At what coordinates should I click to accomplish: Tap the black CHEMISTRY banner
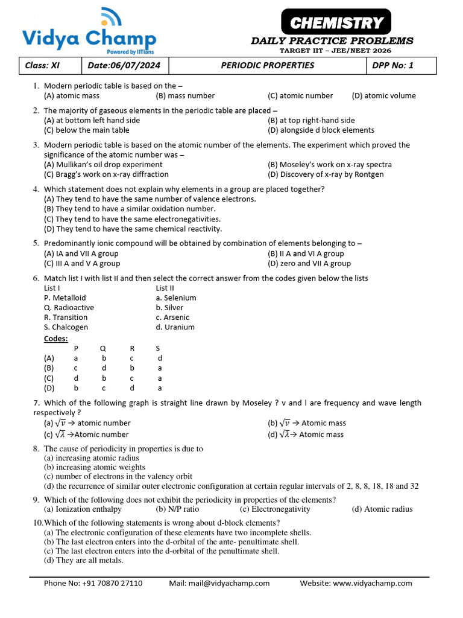(x=336, y=24)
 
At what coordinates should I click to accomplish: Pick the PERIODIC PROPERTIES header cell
(x=267, y=65)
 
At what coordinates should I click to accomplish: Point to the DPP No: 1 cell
(x=393, y=65)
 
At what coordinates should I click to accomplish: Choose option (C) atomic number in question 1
(x=300, y=95)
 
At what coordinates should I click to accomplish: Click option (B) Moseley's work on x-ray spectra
(x=329, y=164)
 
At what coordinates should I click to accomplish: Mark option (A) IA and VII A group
(x=81, y=253)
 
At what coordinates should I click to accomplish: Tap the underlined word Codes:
(x=56, y=339)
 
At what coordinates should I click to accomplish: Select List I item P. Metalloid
(x=65, y=298)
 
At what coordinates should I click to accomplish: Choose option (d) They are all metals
(x=84, y=560)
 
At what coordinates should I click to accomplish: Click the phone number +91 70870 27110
(x=93, y=583)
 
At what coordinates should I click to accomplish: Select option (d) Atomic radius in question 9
(x=382, y=509)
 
